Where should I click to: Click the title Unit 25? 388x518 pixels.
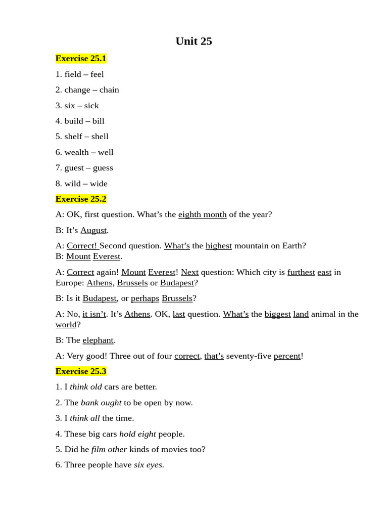tap(193, 41)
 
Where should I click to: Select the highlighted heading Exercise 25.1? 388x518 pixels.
tap(81, 59)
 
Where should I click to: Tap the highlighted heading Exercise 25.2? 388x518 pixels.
tap(81, 199)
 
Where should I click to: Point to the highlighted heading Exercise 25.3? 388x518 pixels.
tap(81, 371)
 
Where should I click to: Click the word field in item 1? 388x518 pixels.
tap(73, 74)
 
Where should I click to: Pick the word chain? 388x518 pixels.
tap(109, 90)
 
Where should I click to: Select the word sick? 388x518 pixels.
tap(91, 106)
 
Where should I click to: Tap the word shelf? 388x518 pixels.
tap(73, 137)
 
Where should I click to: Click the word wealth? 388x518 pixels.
tap(76, 152)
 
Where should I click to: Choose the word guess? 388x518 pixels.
tap(103, 168)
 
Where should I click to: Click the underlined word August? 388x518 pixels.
tap(93, 230)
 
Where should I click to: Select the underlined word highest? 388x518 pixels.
tap(219, 246)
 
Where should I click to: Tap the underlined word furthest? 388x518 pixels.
tap(301, 272)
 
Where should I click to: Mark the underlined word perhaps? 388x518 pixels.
tap(145, 298)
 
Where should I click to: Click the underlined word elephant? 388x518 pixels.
tap(98, 340)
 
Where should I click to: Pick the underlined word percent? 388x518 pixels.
tap(287, 356)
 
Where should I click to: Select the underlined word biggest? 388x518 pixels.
tap(277, 314)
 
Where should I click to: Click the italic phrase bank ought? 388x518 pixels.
tap(101, 403)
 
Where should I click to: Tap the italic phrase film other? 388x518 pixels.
tap(109, 449)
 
